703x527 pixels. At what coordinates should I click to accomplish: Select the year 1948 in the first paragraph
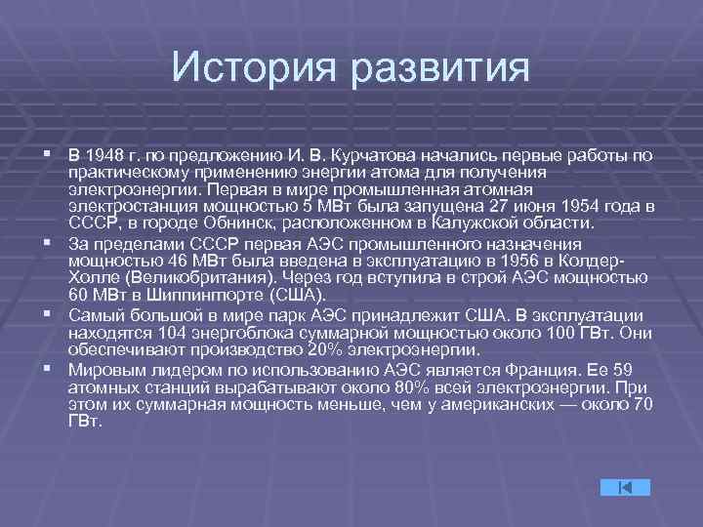[x=104, y=155]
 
